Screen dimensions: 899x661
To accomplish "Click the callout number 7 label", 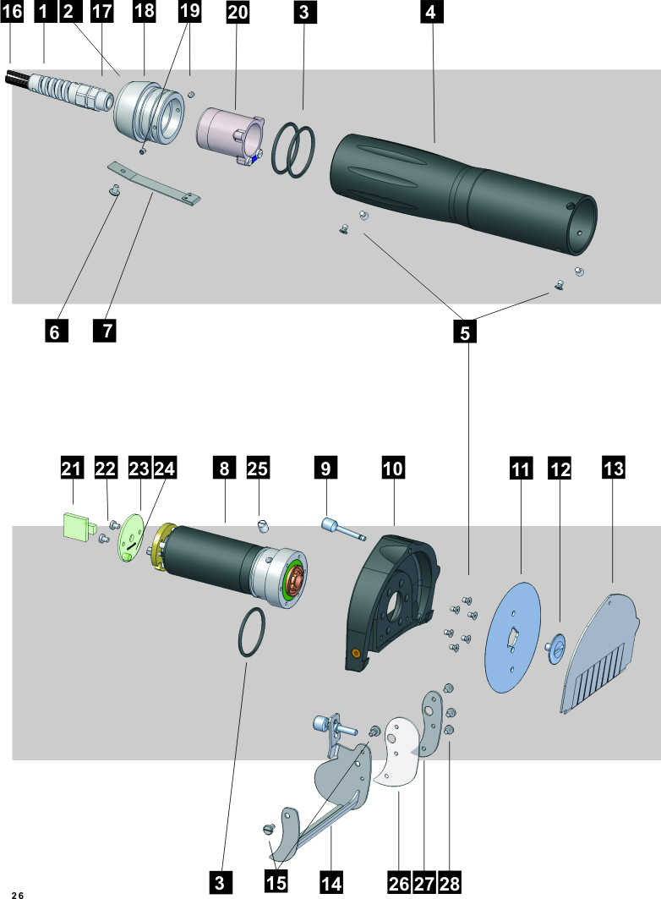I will pos(105,331).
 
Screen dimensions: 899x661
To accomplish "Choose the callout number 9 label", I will pos(325,467).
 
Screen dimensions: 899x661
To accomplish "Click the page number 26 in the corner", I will pos(17,894).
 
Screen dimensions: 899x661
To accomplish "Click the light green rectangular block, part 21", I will pos(77,525).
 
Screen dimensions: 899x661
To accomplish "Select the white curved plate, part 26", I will pos(402,753).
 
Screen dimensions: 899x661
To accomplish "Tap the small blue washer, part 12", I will pos(558,647).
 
